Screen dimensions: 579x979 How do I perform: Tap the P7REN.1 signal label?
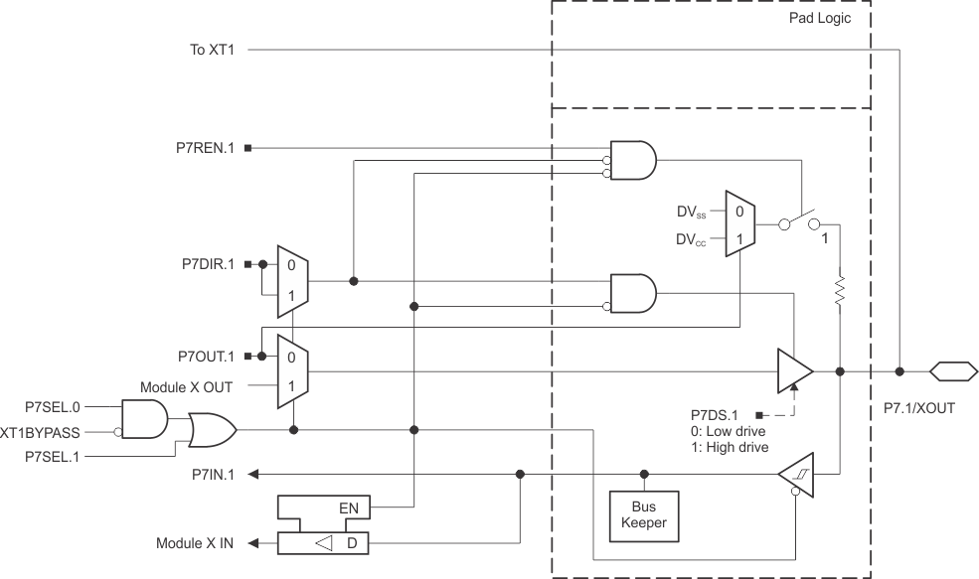tap(205, 149)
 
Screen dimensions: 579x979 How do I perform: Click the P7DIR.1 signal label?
tap(205, 265)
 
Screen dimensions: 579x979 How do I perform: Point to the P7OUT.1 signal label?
tap(204, 356)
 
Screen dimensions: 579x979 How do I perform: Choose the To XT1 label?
tap(210, 49)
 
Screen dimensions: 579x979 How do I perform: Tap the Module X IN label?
tap(195, 543)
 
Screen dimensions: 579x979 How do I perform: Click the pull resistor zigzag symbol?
tap(841, 291)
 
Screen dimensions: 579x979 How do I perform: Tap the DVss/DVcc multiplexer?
tap(740, 225)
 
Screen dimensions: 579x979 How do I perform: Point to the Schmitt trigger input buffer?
tap(797, 475)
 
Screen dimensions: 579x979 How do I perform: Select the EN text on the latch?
tap(349, 509)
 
